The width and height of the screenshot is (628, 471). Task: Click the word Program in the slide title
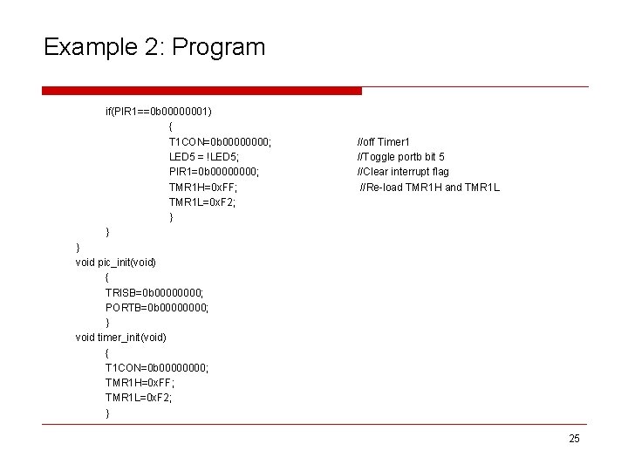pos(219,47)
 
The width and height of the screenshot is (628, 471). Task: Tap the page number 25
pos(573,439)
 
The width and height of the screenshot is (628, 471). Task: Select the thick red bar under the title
pos(201,91)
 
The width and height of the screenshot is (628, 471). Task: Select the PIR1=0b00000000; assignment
pos(214,172)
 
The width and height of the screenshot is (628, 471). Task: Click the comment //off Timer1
pos(384,142)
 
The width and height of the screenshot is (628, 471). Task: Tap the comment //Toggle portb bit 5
pos(400,157)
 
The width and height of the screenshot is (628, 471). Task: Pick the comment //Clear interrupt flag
pos(403,172)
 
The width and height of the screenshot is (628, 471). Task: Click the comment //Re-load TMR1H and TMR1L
pos(430,188)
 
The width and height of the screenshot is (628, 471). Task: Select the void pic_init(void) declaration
pos(116,262)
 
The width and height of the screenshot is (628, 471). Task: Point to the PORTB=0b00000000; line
pos(157,307)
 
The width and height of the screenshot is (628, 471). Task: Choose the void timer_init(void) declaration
pos(121,337)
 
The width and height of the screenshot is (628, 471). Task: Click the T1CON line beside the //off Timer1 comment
pos(219,142)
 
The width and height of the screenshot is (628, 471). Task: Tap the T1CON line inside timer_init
pos(157,367)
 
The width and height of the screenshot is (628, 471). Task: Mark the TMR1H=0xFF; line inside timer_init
pos(140,382)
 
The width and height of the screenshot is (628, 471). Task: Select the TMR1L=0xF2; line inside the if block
pos(202,202)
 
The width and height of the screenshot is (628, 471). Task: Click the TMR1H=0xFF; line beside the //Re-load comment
pos(203,188)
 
